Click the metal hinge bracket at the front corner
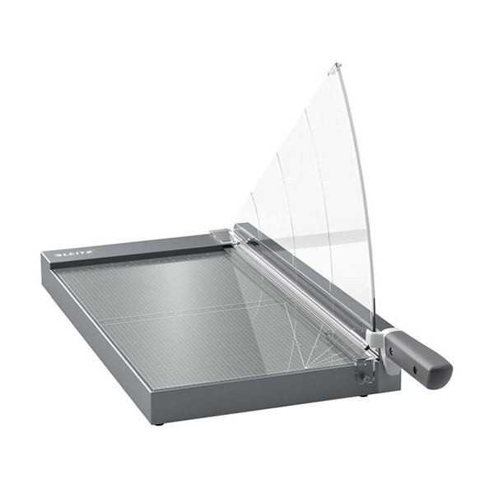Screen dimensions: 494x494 (365, 371)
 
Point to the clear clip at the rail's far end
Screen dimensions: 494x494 (219, 236)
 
